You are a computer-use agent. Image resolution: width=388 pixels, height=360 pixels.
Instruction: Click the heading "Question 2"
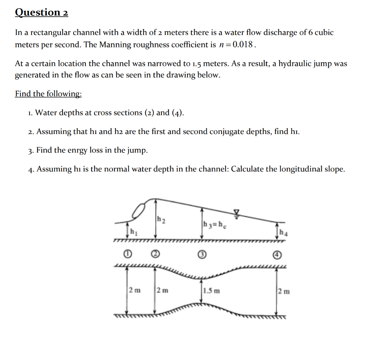42,12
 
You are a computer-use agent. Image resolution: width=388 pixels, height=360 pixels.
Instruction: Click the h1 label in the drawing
133,231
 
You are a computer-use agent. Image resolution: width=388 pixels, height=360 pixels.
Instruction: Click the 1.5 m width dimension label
211,291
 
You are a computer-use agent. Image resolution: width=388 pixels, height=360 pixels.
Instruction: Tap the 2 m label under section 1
134,290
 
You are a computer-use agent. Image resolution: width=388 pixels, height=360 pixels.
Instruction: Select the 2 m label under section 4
284,291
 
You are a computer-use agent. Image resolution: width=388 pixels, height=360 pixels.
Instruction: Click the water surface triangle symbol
237,212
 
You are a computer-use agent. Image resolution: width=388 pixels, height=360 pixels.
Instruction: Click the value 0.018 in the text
242,45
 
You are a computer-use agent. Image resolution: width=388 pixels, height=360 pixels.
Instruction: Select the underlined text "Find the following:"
48,94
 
